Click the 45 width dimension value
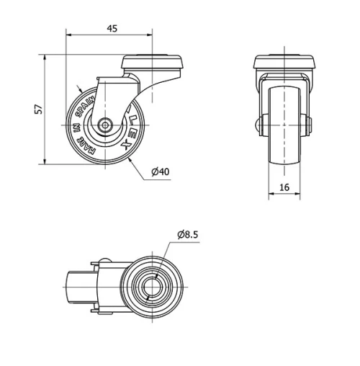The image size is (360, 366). coord(112,28)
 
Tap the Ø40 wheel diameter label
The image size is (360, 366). coord(160,171)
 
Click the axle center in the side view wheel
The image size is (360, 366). coord(105,125)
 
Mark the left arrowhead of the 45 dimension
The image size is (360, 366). coord(68,34)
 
